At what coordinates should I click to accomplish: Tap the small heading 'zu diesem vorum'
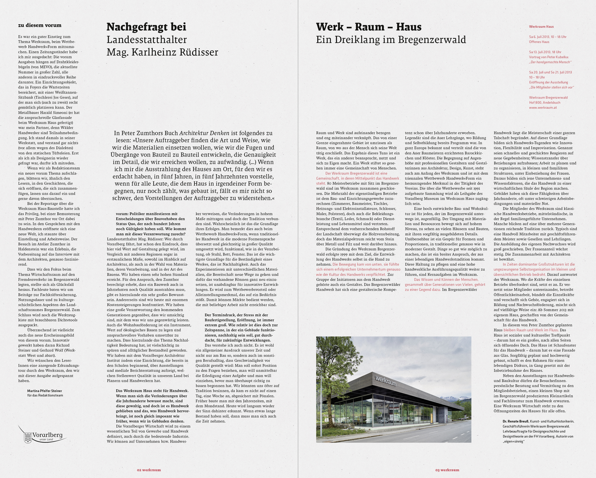click(x=40, y=25)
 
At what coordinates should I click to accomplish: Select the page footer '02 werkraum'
click(x=149, y=470)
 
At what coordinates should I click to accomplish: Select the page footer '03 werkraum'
click(x=447, y=470)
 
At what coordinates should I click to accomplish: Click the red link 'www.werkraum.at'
click(x=543, y=108)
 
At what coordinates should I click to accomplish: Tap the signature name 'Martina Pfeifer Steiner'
click(x=44, y=391)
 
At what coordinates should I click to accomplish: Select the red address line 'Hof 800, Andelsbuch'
click(x=545, y=103)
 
